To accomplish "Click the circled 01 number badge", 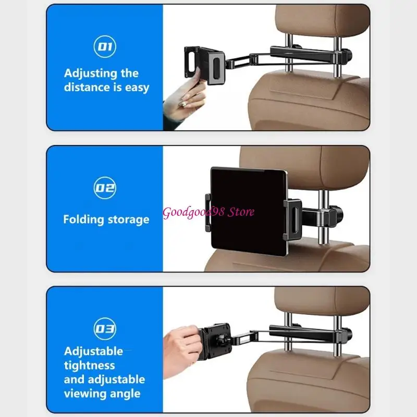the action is [x=105, y=46].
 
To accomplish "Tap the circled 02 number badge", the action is [x=105, y=188].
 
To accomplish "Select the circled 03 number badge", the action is [x=105, y=329].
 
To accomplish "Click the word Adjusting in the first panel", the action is [x=90, y=73].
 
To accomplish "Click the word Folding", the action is [x=83, y=219].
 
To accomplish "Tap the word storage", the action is [x=128, y=219].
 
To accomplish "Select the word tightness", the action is [x=89, y=365].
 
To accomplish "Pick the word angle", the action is [x=125, y=394].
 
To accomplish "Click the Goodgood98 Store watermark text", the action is [x=208, y=212].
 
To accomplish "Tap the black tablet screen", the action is [x=249, y=212].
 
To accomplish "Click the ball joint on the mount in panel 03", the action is [x=220, y=339].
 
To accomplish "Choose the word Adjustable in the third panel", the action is [x=93, y=351].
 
